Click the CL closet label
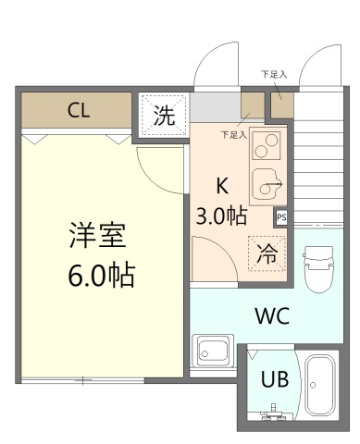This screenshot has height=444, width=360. click(x=78, y=111)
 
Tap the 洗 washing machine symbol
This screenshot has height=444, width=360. click(x=163, y=116)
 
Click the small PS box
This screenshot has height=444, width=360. click(x=280, y=217)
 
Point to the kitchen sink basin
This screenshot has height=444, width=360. click(x=266, y=187)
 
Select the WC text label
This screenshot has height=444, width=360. click(x=273, y=315)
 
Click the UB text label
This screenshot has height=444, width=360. click(x=273, y=378)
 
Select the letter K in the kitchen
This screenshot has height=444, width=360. click(x=221, y=183)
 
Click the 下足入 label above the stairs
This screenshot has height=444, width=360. click(x=273, y=73)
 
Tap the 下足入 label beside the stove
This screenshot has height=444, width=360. click(x=233, y=135)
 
